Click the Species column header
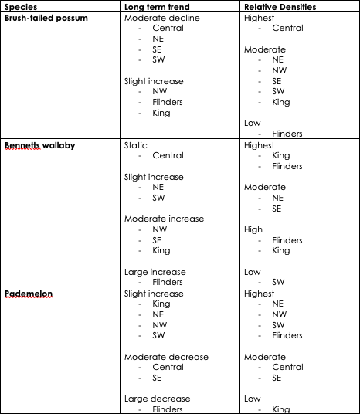[x=21, y=7]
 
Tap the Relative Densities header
[x=280, y=7]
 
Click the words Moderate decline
[x=161, y=18]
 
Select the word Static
[x=136, y=145]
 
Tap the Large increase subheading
[x=155, y=272]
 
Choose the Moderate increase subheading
[x=164, y=219]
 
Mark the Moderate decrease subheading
[x=166, y=357]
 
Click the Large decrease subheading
[x=158, y=399]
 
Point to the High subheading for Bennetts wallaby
[x=253, y=229]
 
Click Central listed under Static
[x=168, y=155]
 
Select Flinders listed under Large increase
[x=168, y=282]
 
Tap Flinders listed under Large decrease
[x=168, y=409]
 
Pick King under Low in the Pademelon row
[x=281, y=409]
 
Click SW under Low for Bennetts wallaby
[x=278, y=282]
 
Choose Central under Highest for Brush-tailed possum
[x=287, y=28]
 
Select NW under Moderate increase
[x=160, y=229]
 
